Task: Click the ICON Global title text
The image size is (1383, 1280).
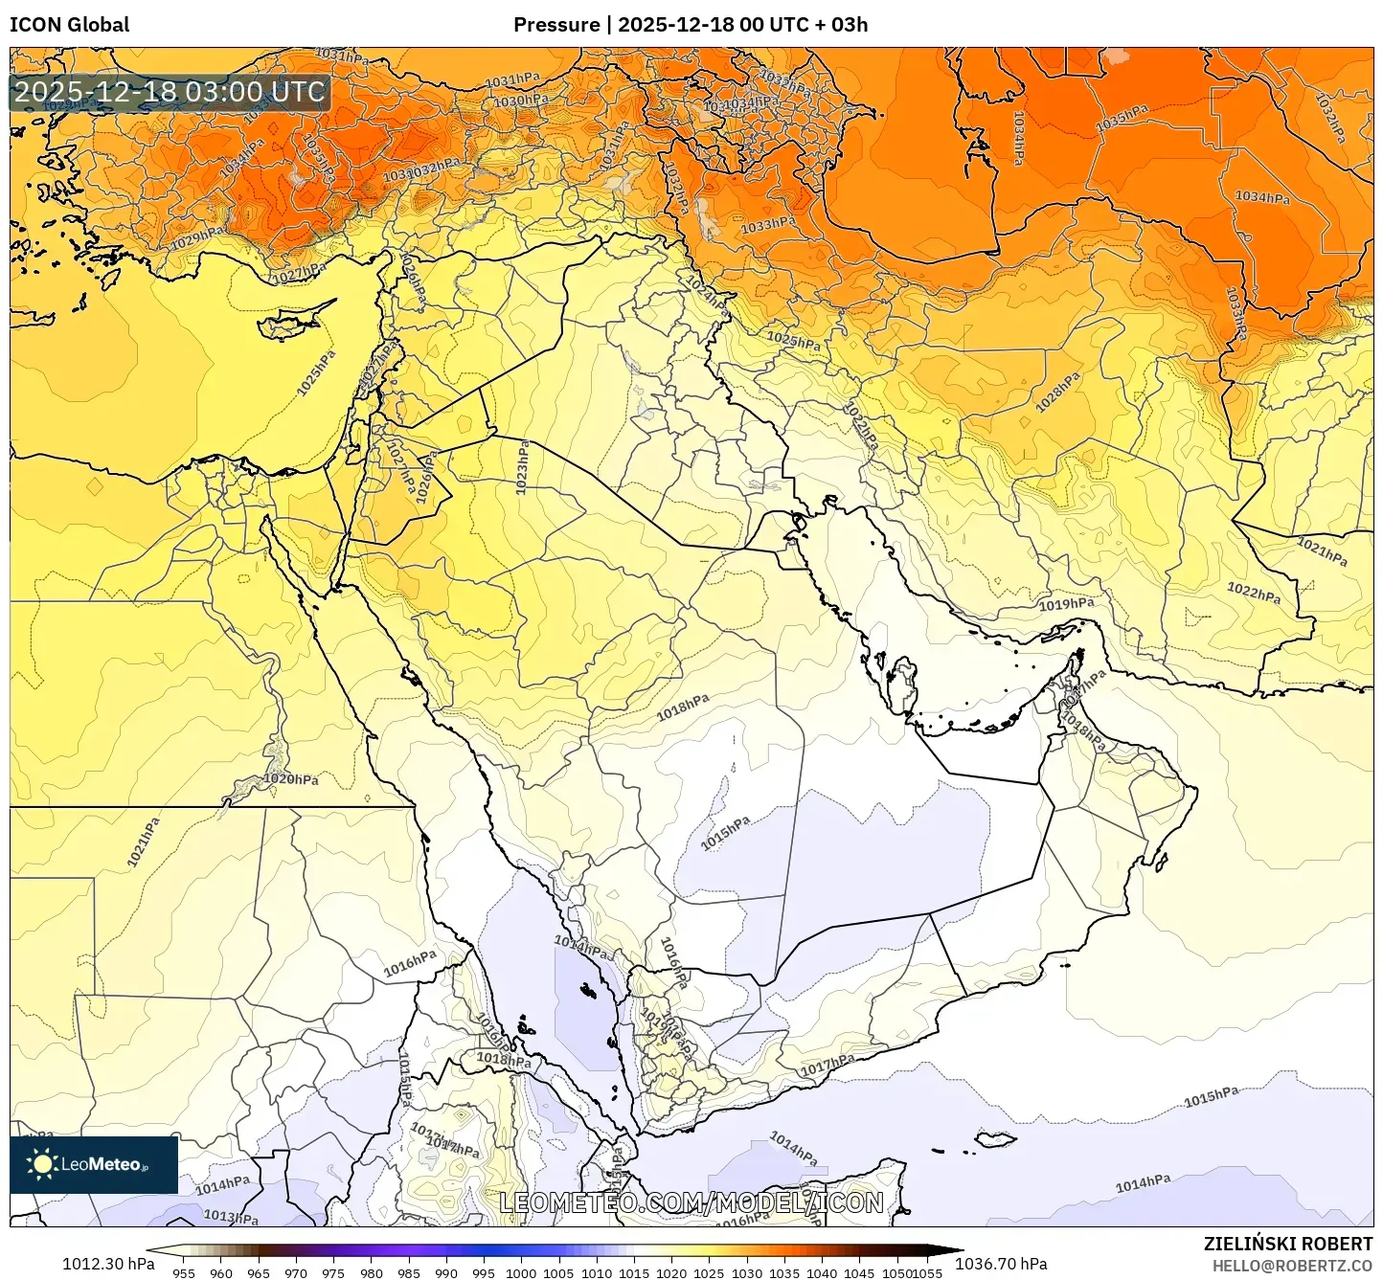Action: click(69, 25)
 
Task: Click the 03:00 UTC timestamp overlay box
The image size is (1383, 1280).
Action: click(170, 92)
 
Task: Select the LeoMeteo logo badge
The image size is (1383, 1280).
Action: click(94, 1164)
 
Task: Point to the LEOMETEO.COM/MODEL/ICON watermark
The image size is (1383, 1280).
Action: click(691, 1202)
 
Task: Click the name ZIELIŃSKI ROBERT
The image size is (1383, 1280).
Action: click(1288, 1244)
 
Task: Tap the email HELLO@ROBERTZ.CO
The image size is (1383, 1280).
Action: click(1292, 1266)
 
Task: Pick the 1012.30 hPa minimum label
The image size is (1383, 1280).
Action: click(108, 1264)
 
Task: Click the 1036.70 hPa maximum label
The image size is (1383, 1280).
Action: click(1001, 1264)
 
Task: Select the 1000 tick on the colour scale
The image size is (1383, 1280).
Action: click(521, 1273)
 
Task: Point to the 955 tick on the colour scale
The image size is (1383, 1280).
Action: click(184, 1273)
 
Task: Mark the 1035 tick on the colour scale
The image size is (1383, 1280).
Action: click(783, 1273)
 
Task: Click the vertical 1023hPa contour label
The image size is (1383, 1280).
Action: click(523, 467)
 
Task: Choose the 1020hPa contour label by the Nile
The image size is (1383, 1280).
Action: click(291, 779)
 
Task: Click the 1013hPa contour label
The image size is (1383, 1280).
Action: click(231, 1217)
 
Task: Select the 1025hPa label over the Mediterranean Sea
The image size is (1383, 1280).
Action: click(317, 373)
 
